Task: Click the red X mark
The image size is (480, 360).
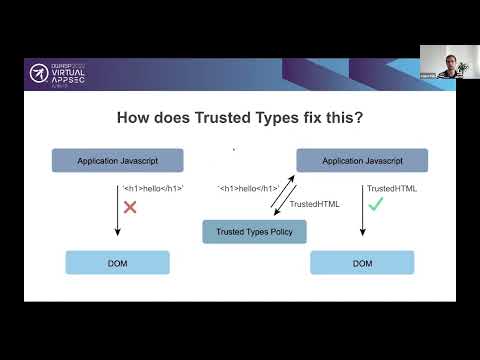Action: (x=130, y=207)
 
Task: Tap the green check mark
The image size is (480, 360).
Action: (x=376, y=203)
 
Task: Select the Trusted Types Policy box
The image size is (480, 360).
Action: (x=254, y=232)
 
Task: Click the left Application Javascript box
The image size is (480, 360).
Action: (x=118, y=160)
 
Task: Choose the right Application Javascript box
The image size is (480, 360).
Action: (x=362, y=160)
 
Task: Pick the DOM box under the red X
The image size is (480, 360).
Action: (x=118, y=263)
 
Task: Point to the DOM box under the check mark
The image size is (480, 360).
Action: (x=362, y=263)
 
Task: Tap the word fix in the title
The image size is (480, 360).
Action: (x=324, y=117)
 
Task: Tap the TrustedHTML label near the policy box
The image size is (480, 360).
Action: (x=314, y=204)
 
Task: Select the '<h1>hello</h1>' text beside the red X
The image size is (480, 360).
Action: (x=153, y=188)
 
